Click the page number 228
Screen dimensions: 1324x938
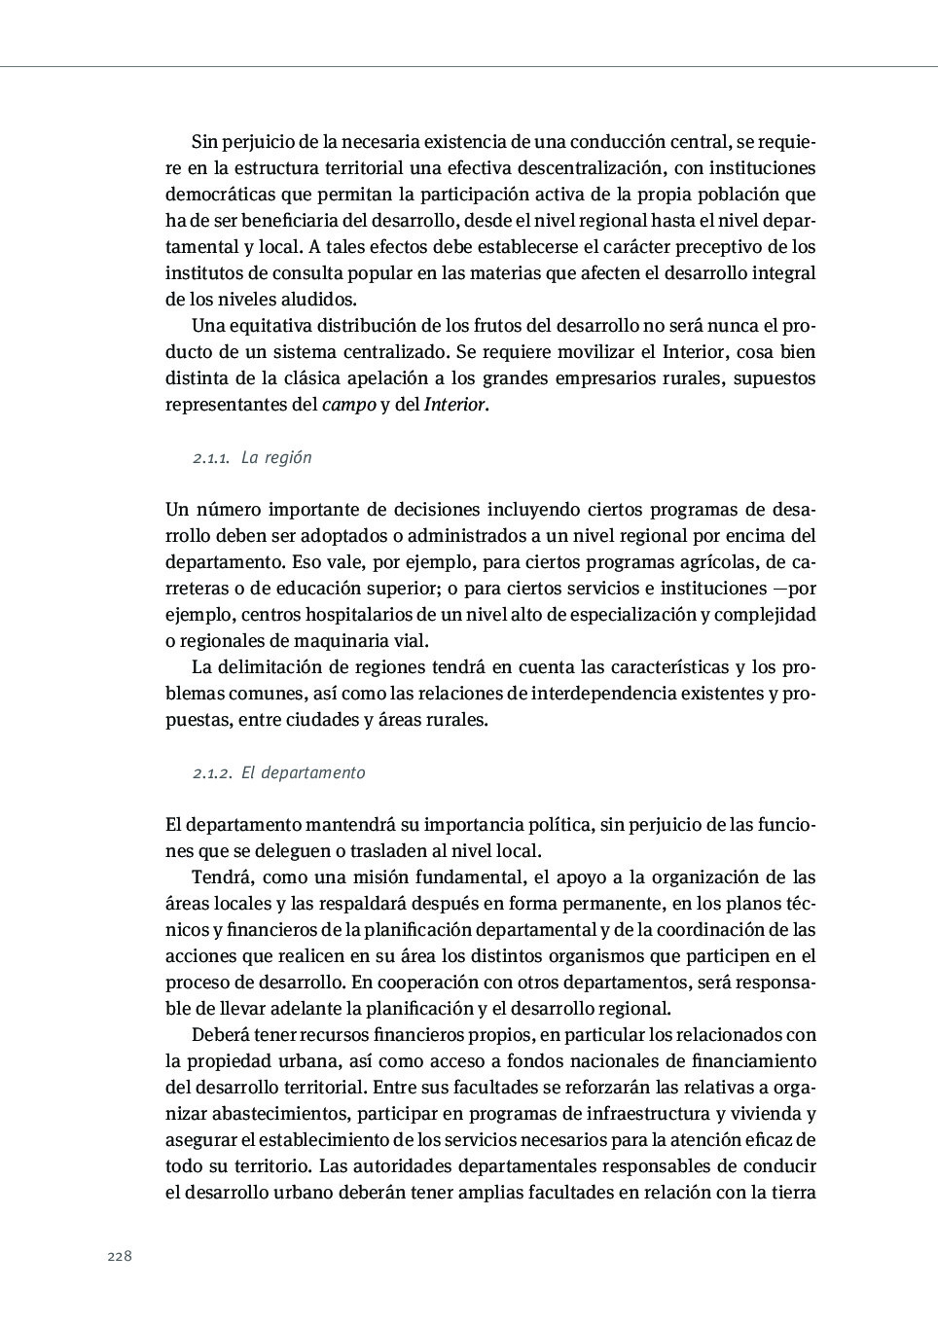[x=119, y=1256]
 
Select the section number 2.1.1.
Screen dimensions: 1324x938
[x=210, y=458]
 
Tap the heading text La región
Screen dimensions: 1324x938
[x=276, y=457]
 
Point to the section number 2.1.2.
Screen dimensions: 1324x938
[x=212, y=773]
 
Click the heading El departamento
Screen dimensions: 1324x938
[x=304, y=773]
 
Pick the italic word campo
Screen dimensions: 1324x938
[x=348, y=405]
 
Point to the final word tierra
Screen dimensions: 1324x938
[x=792, y=1193]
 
